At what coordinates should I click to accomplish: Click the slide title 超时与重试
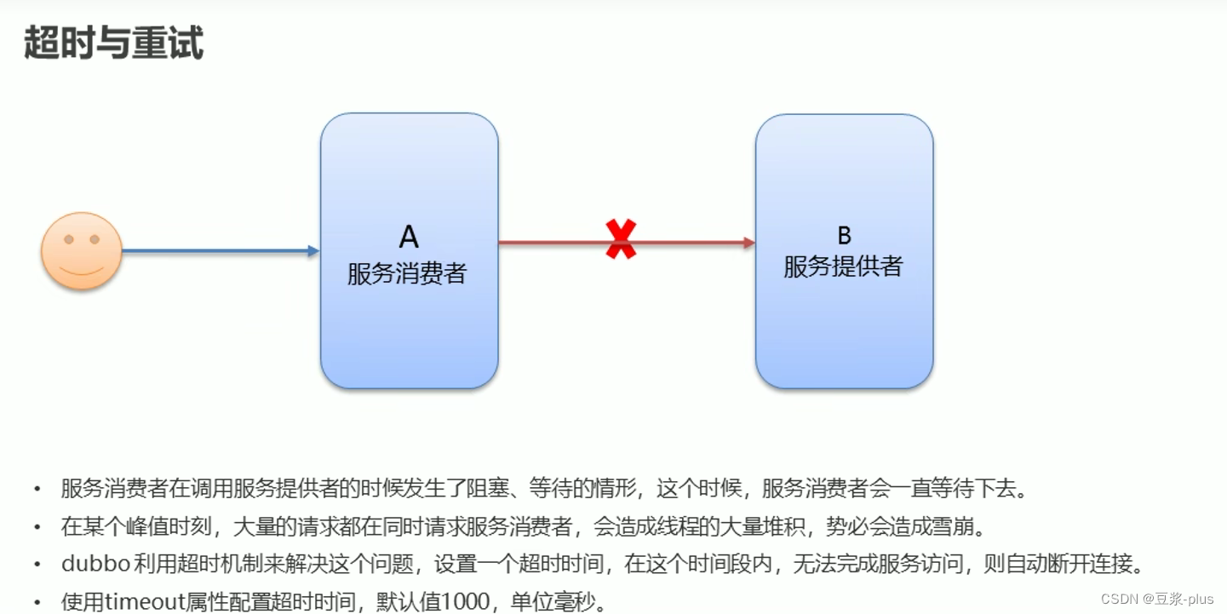[x=113, y=42]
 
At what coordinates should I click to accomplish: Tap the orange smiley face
[x=82, y=251]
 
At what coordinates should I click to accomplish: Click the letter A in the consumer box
[x=409, y=237]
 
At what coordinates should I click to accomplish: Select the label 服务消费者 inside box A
[x=407, y=273]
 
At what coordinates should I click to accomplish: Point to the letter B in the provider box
[x=844, y=235]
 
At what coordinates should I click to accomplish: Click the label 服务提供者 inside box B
[x=843, y=267]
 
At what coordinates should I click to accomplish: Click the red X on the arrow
[x=621, y=239]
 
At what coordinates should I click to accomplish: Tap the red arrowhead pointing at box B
[x=748, y=243]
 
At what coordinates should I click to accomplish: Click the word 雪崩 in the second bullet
[x=963, y=526]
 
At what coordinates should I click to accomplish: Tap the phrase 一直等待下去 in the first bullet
[x=967, y=489]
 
